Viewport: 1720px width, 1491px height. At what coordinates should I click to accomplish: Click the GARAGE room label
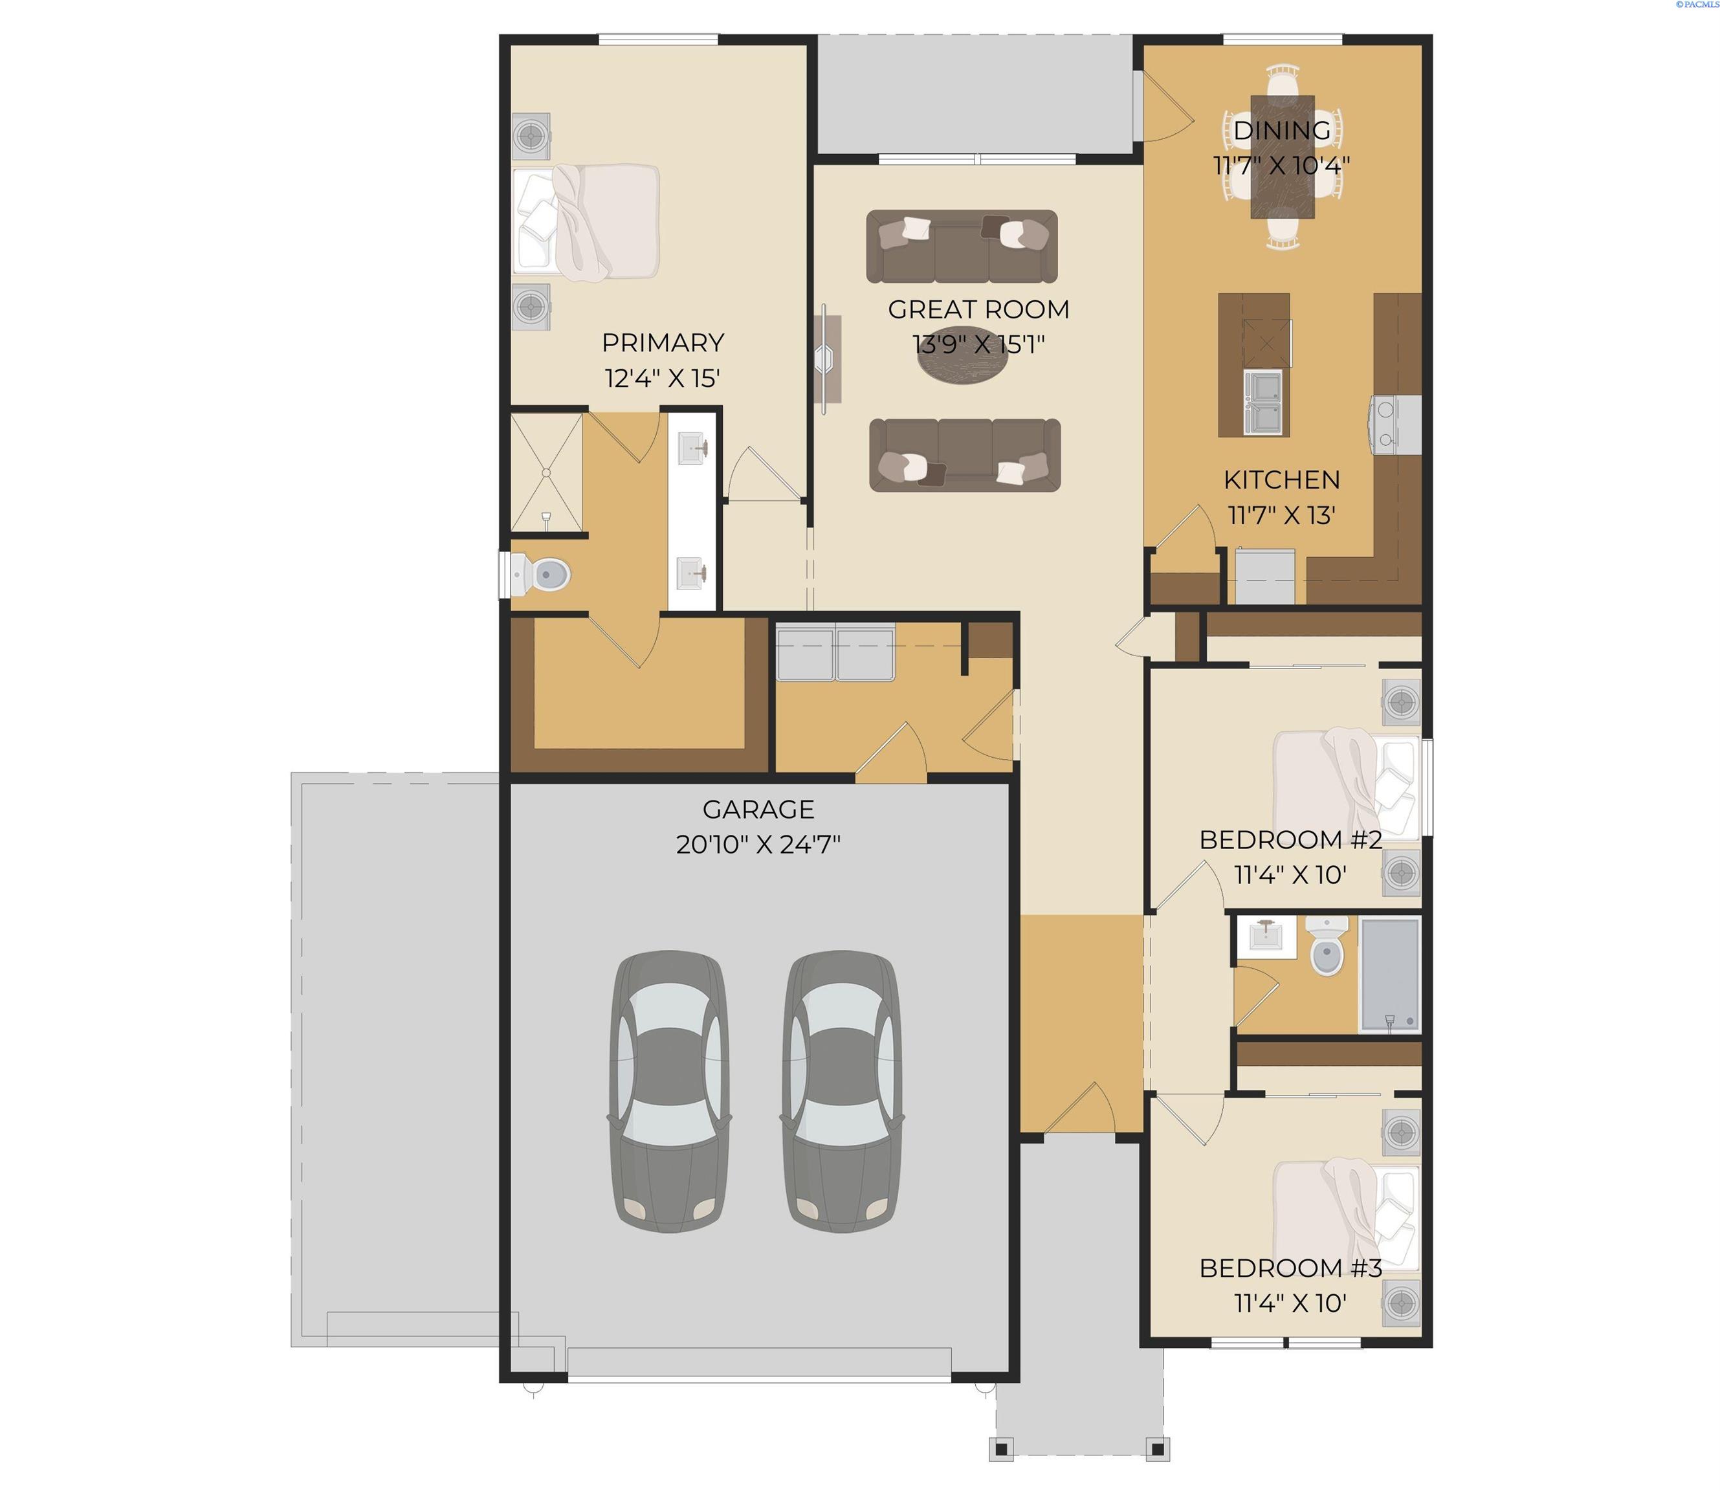point(758,809)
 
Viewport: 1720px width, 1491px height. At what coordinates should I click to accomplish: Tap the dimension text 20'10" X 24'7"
point(758,845)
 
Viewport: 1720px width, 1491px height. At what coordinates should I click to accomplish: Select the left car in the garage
point(670,1091)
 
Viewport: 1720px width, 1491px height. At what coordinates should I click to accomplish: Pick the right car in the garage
point(842,1091)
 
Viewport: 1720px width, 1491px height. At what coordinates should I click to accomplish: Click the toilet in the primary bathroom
point(541,573)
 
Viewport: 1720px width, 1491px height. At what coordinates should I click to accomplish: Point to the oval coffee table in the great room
point(962,355)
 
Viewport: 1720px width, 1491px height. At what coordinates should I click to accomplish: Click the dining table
point(1283,157)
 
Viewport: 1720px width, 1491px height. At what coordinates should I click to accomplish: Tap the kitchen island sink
point(1262,403)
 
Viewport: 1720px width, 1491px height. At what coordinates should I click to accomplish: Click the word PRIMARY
point(663,343)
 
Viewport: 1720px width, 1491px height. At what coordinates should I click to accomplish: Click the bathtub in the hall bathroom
point(1389,975)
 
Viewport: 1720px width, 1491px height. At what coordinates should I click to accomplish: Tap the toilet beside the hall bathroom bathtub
point(1327,947)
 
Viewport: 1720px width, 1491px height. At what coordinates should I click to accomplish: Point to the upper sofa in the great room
point(962,247)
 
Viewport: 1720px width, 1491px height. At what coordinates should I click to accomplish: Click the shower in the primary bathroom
point(546,472)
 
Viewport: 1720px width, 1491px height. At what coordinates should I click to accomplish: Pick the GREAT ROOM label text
point(978,309)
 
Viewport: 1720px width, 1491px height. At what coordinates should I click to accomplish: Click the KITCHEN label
point(1281,480)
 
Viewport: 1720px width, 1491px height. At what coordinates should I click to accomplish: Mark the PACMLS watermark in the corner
point(1697,4)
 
